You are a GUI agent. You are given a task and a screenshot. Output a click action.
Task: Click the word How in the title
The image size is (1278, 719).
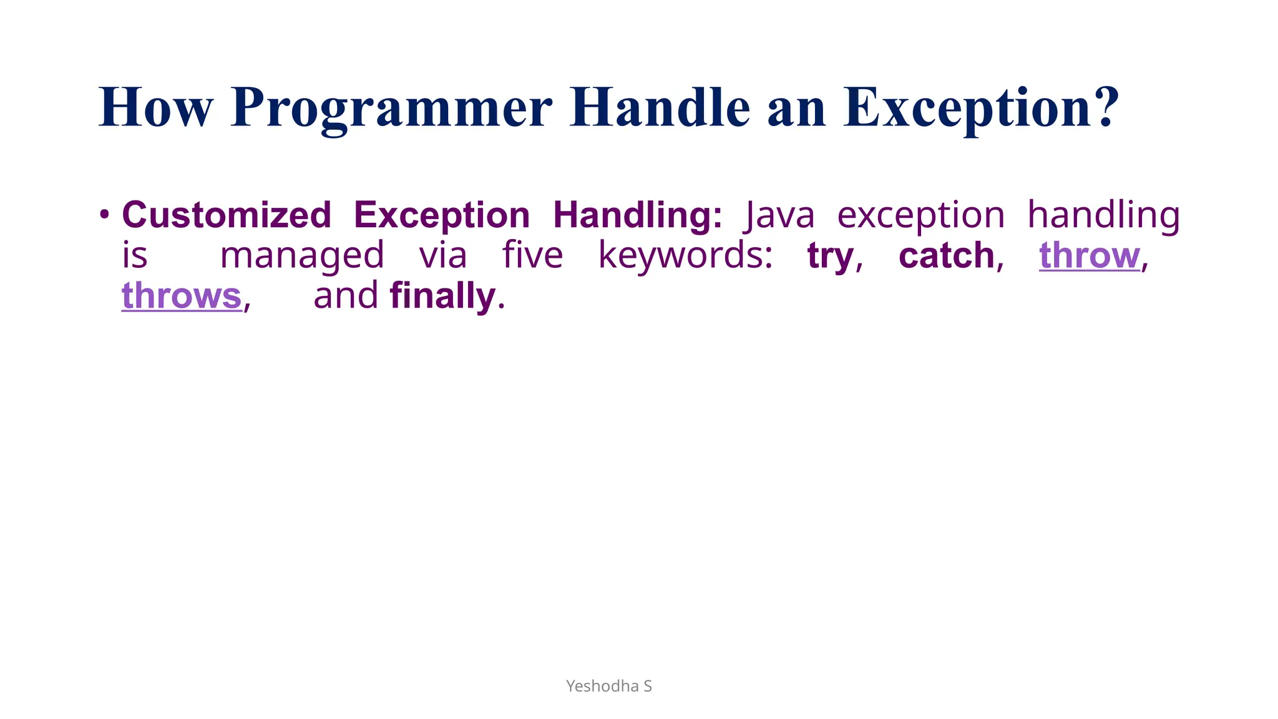pos(156,107)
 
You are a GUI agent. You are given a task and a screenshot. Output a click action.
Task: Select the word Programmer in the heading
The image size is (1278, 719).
pos(391,107)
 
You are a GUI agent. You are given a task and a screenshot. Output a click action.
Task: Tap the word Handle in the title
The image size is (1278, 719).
pos(660,107)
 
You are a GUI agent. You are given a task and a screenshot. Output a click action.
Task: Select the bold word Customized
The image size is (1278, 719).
pos(226,215)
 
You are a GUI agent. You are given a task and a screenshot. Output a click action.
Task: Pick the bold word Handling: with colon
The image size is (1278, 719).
pos(637,215)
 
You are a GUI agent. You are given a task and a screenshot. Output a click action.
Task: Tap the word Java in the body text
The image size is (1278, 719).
pos(780,215)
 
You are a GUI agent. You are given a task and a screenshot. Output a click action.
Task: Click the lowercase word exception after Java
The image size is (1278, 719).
pos(920,215)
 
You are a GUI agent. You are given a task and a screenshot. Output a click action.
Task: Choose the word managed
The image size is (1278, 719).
pos(302,256)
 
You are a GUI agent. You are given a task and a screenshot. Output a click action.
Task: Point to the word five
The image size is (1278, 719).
pos(532,256)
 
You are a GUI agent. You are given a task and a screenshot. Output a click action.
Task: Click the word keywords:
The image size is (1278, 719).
pos(685,256)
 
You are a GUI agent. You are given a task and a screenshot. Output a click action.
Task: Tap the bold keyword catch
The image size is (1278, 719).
pos(946,256)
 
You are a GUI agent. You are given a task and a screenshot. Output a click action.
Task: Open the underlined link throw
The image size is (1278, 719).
pos(1089,256)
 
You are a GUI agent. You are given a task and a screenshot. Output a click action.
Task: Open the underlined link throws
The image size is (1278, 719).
pos(182,296)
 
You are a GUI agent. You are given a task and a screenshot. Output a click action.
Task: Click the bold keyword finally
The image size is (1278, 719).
pos(442,296)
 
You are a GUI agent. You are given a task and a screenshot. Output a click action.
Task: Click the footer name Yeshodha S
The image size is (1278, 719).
pos(608,686)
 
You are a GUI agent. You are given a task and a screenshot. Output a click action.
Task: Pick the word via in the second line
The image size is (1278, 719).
pos(442,256)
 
